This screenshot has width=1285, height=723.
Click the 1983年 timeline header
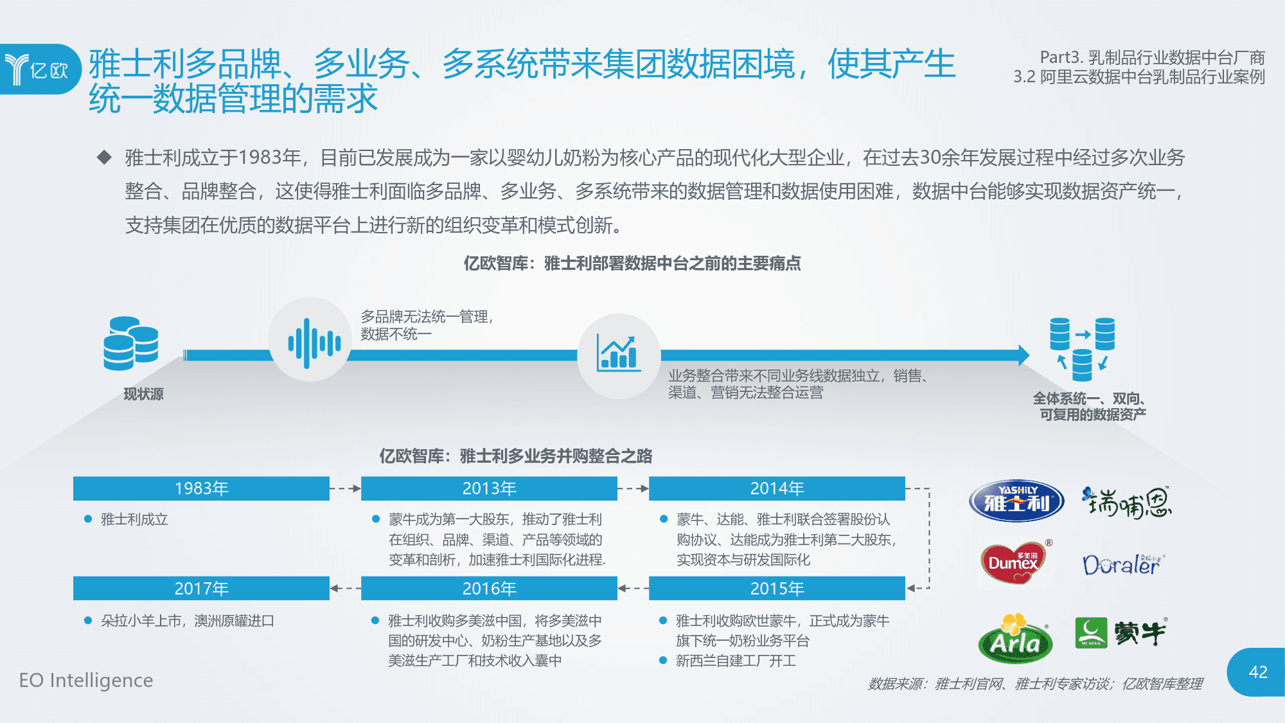[x=201, y=488]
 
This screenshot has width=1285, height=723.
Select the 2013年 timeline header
[x=489, y=488]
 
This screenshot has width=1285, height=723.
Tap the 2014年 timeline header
[x=777, y=488]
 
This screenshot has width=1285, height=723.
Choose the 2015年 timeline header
[x=777, y=588]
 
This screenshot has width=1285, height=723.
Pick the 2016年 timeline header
[x=489, y=588]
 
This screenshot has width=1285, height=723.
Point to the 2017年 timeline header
[x=201, y=588]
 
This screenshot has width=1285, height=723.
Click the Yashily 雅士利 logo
[x=1016, y=501]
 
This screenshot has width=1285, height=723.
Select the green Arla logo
[x=1015, y=638]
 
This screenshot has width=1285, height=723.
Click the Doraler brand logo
[x=1123, y=565]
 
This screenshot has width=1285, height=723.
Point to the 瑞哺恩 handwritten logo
[x=1127, y=503]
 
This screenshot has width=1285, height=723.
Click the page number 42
[x=1258, y=672]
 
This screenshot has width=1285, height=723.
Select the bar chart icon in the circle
[x=619, y=353]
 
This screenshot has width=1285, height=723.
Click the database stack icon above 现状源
[x=131, y=343]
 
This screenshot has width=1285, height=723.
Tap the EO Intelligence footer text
[x=86, y=680]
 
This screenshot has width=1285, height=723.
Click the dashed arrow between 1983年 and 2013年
[x=345, y=488]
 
